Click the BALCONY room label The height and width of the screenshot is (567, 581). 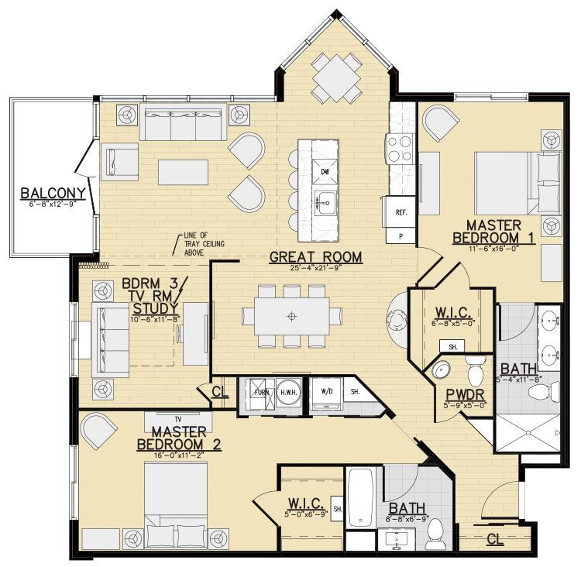47,193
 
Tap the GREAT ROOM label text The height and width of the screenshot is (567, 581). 315,256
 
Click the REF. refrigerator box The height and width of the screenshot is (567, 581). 401,211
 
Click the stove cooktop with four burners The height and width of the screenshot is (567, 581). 402,147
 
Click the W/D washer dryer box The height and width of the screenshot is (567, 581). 327,392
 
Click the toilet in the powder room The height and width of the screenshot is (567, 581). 476,369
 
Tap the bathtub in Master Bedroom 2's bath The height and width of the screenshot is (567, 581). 361,497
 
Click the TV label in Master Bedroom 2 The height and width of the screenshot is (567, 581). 177,417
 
